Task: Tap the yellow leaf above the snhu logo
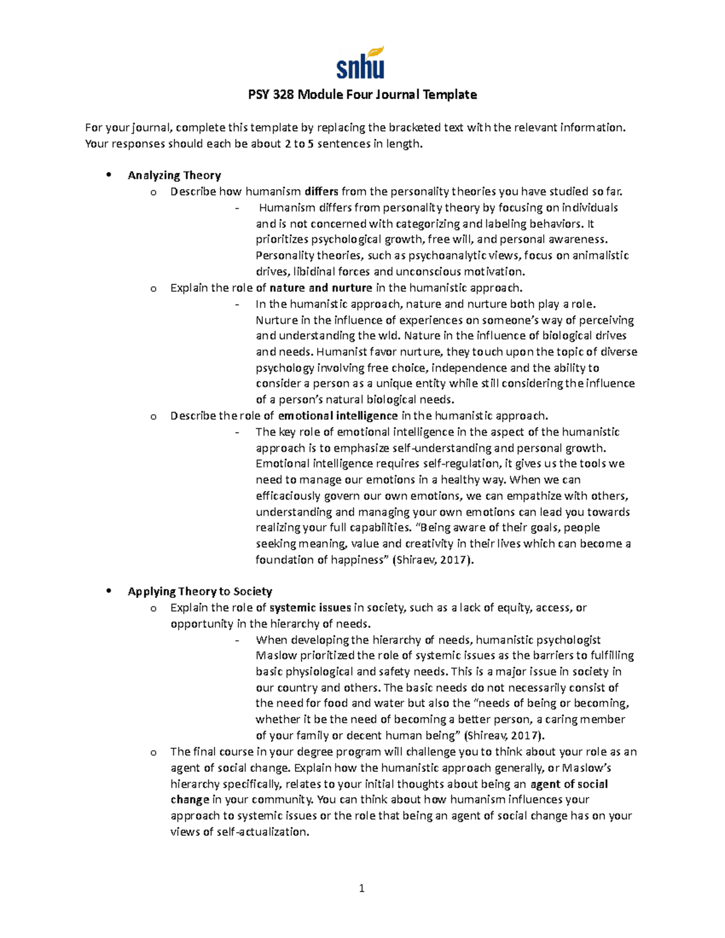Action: point(376,52)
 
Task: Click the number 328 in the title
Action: point(283,95)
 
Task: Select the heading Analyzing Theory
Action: point(174,175)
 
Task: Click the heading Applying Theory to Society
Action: point(199,591)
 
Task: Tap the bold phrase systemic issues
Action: point(310,608)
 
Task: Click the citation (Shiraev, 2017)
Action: point(433,560)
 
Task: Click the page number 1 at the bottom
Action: point(362,888)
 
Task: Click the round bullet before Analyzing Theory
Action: point(109,175)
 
